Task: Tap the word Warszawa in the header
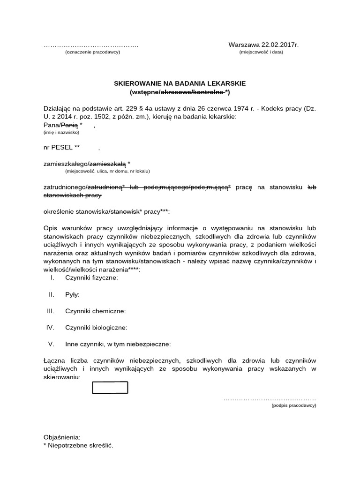243,45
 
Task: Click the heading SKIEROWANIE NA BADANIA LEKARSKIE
180,83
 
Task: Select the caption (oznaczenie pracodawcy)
92,52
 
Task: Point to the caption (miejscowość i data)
261,52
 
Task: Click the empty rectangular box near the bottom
110,388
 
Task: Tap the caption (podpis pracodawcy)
294,405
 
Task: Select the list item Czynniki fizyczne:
91,277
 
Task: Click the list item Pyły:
72,294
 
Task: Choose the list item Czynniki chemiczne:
95,311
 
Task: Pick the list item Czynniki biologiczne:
96,328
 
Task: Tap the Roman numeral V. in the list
52,344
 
